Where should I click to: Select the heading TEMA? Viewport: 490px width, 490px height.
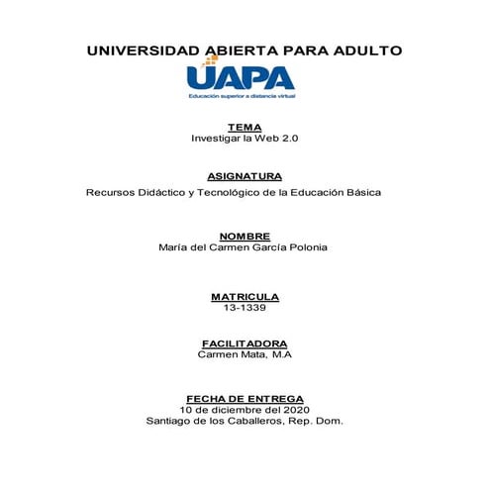[245, 127]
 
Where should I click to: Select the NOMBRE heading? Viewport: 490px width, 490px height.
[245, 237]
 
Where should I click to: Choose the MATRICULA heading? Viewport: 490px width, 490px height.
[245, 296]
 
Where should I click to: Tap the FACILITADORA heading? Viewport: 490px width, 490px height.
[245, 343]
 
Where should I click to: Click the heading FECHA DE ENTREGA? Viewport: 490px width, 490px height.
[245, 397]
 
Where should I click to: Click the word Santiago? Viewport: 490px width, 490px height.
[168, 420]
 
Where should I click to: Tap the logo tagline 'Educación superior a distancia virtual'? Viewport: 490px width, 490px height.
[243, 97]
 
